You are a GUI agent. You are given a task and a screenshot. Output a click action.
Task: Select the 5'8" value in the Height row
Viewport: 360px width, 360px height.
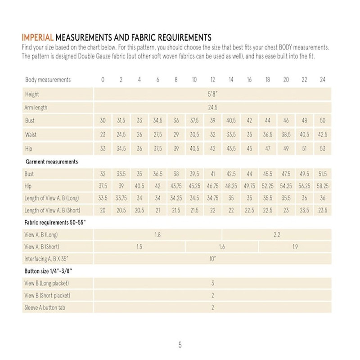(212, 94)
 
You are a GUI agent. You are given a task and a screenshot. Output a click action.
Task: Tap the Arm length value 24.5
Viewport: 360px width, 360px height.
(212, 108)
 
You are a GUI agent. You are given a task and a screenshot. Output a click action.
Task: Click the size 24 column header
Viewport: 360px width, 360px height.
(322, 80)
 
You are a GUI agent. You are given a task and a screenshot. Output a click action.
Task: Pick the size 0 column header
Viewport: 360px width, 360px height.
(103, 80)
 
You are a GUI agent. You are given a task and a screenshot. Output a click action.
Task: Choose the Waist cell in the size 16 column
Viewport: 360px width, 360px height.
(249, 134)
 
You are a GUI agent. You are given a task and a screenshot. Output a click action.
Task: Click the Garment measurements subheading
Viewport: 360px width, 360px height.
(51, 161)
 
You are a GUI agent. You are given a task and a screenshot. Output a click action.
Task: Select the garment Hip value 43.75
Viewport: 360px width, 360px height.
(176, 185)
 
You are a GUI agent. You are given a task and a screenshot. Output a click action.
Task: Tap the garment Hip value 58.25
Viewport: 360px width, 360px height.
(322, 185)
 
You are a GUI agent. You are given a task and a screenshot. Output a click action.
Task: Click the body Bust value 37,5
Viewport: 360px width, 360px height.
(194, 121)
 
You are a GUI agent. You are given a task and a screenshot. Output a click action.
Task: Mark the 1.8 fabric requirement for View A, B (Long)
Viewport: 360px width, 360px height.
(157, 234)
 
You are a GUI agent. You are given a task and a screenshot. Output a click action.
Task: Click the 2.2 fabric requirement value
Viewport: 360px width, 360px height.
(277, 234)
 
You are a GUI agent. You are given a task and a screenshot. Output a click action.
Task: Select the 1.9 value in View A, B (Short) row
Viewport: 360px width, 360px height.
(295, 247)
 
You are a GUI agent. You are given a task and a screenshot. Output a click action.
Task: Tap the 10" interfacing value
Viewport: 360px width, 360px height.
(212, 259)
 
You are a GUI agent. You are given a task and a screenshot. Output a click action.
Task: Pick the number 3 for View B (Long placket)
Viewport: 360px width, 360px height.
(212, 283)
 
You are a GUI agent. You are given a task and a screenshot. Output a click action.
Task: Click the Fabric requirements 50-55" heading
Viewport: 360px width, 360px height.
(55, 222)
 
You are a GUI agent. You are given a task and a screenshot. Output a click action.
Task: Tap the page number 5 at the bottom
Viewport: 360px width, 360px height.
(180, 345)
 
